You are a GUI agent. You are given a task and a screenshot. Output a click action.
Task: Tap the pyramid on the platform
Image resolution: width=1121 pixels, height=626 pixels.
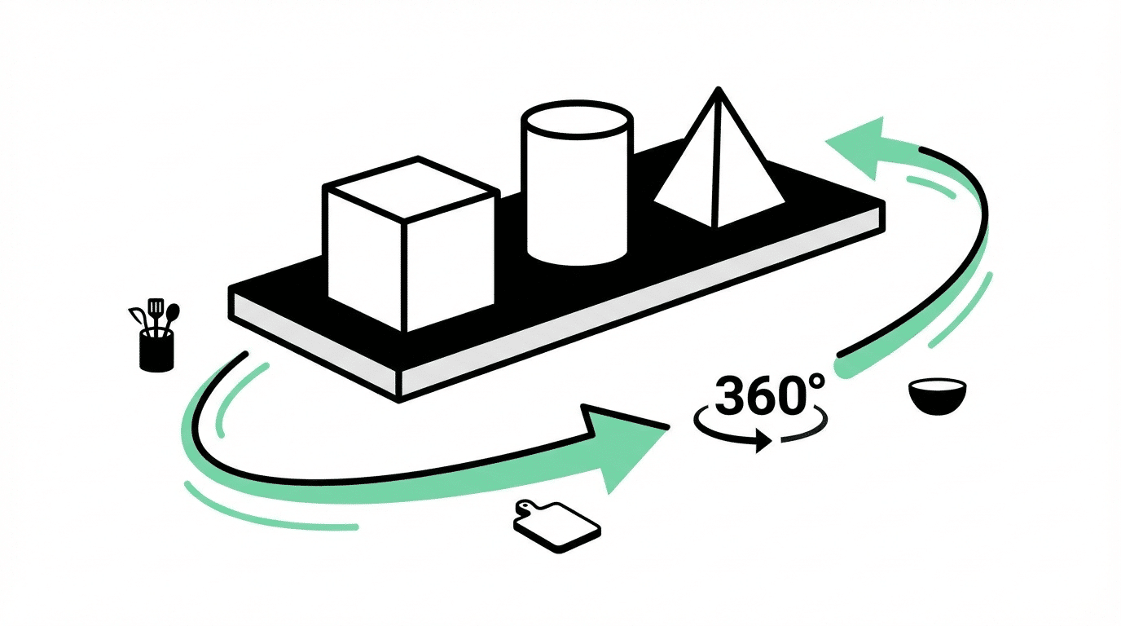[719, 161]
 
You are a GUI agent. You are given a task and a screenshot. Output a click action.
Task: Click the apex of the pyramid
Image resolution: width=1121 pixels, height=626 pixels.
[719, 89]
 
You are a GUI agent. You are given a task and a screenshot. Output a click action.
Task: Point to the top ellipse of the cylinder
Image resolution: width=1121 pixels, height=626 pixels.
[577, 121]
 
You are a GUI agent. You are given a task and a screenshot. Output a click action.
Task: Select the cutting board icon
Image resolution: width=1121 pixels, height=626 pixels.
[557, 527]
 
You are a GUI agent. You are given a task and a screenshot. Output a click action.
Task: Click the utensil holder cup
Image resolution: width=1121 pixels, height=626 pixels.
[156, 350]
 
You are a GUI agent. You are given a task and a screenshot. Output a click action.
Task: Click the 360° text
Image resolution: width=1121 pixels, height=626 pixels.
[769, 395]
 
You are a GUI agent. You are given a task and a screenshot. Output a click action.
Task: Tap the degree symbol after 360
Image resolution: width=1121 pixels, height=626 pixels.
[815, 382]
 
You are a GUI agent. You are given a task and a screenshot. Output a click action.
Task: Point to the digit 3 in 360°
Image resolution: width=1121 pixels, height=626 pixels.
[730, 395]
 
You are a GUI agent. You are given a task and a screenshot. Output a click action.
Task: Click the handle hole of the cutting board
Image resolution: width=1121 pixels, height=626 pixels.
[525, 508]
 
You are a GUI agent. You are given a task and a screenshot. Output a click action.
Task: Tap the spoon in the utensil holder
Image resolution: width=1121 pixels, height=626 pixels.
[171, 319]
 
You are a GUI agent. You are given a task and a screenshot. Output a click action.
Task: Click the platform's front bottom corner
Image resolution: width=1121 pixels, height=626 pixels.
[399, 401]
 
